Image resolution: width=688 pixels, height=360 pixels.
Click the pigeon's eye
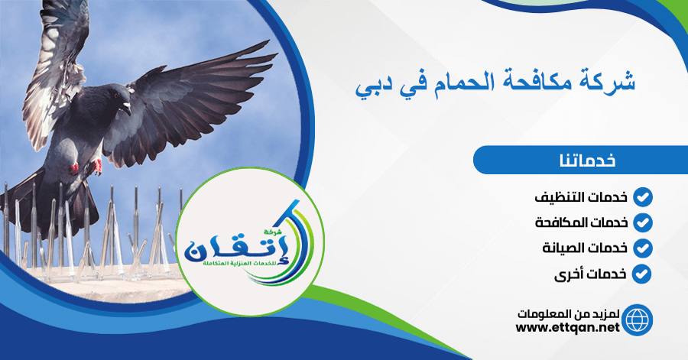click(116, 96)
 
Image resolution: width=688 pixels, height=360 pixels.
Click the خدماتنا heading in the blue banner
click(587, 160)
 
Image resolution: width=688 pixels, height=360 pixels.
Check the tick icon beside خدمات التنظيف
click(642, 197)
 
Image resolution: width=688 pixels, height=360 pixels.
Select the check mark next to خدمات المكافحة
click(642, 222)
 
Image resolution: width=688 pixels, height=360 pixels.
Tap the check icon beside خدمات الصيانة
click(642, 248)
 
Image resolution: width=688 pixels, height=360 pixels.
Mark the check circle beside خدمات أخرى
click(642, 274)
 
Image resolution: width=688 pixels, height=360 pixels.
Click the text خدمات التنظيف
click(581, 197)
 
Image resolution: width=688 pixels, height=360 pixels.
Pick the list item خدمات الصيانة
click(585, 248)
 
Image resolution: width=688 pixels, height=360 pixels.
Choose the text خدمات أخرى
click(591, 274)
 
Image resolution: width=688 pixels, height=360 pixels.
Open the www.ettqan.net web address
click(567, 328)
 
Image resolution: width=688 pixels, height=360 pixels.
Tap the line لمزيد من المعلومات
click(568, 314)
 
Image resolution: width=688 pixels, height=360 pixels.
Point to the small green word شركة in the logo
click(273, 230)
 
